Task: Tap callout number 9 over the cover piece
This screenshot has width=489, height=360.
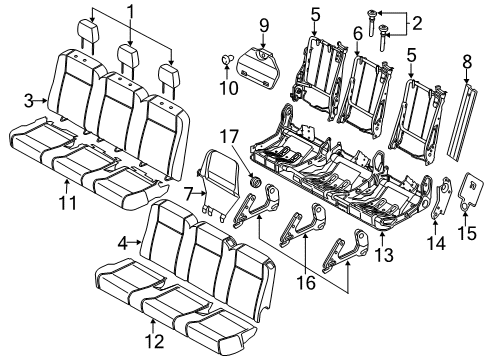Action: tap(264, 23)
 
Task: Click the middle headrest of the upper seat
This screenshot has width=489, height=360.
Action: tap(128, 54)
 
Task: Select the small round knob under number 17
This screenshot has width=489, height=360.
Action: tap(256, 185)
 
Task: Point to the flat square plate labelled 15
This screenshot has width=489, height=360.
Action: tap(465, 190)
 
